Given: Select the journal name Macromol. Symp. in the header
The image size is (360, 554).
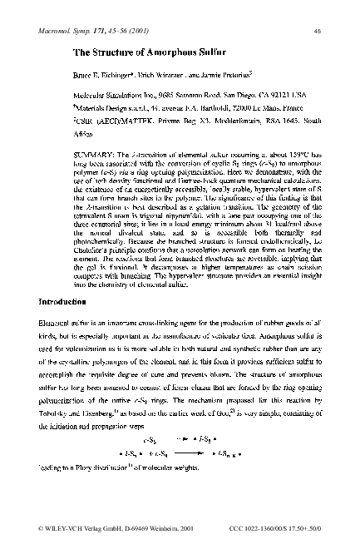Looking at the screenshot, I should (72, 30).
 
